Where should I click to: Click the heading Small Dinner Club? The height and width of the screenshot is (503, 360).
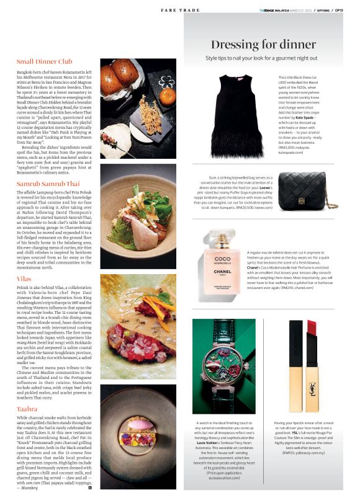(x=45, y=61)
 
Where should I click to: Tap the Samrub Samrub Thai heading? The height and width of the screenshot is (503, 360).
(x=48, y=184)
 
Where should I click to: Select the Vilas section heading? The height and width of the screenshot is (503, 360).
(x=24, y=279)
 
